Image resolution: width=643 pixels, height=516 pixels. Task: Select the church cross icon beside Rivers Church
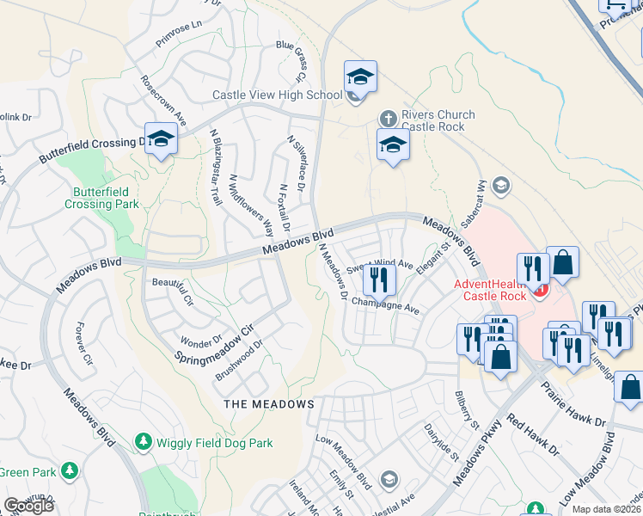point(388,117)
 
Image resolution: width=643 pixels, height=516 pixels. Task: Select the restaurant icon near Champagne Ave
point(378,278)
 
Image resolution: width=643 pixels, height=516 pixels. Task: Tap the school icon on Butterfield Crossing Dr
point(161,138)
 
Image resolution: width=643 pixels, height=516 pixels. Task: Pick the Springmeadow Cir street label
point(216,343)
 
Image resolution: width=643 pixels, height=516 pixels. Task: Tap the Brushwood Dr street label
point(238,361)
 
